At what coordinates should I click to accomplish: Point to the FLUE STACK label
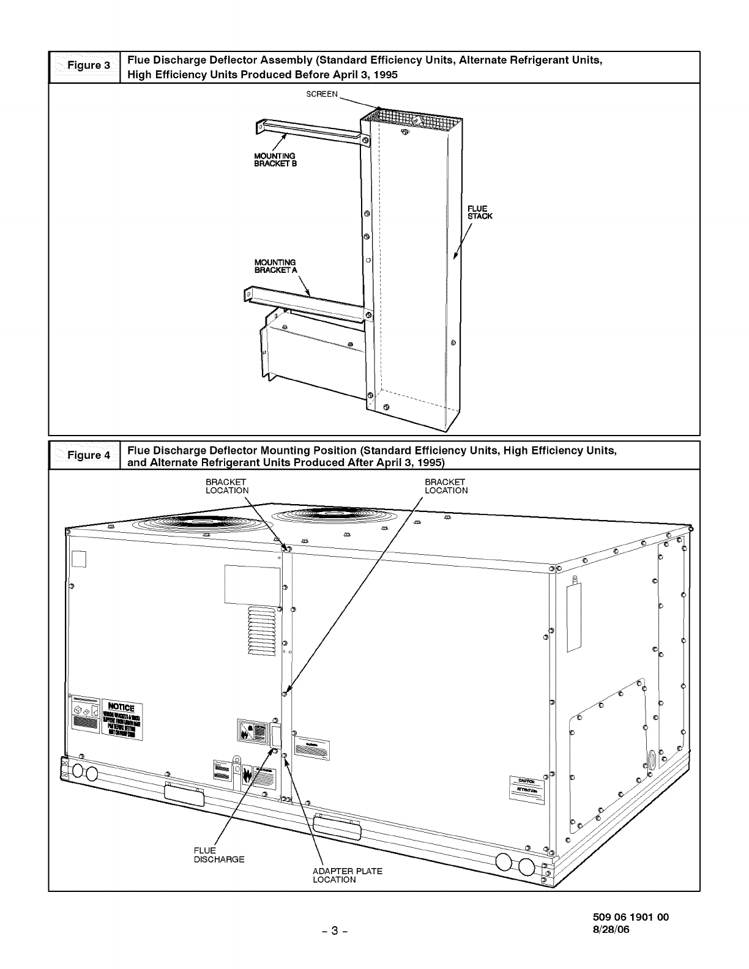click(x=480, y=212)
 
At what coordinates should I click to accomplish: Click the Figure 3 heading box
click(x=84, y=67)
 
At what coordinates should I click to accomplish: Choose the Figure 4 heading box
click(x=84, y=455)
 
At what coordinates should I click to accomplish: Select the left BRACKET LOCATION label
click(x=227, y=486)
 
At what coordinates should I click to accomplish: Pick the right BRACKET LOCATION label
click(x=446, y=486)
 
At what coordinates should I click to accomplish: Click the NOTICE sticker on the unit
click(x=122, y=720)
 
